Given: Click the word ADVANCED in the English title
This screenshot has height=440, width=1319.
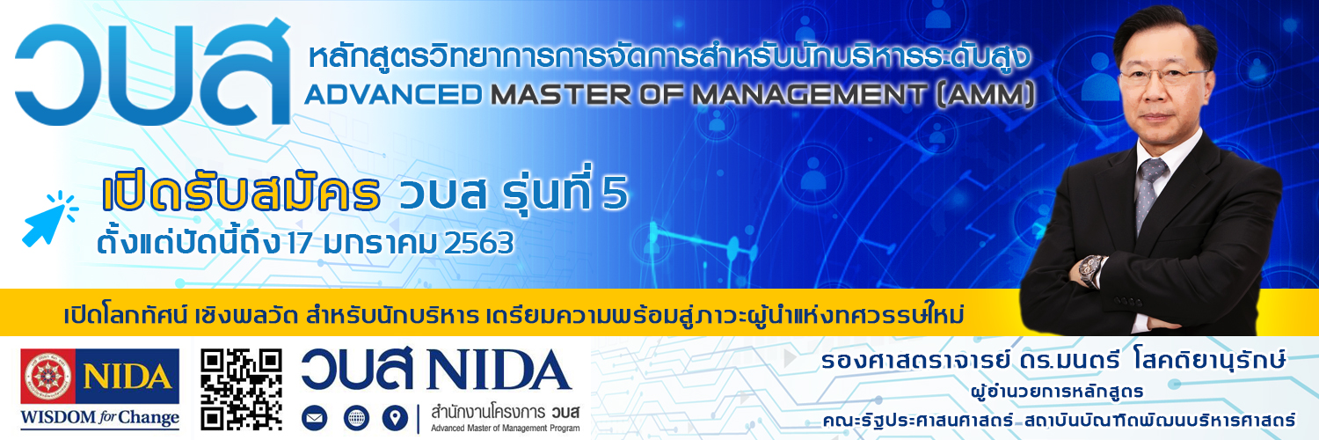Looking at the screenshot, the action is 393,95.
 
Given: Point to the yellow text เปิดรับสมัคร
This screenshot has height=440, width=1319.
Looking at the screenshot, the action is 241,194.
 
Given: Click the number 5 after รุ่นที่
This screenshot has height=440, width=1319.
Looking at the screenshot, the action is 615,193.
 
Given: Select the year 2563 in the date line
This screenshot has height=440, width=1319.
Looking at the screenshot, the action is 478,243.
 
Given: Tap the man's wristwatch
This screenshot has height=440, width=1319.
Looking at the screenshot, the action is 1091,270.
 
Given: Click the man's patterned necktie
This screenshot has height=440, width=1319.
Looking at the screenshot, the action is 1148,193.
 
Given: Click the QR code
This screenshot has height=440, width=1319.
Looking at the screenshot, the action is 242,389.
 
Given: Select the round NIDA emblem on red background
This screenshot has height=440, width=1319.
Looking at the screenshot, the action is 47,376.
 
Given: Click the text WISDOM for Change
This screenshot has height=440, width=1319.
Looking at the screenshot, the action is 100,418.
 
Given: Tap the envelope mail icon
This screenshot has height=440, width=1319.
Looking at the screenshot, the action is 315,418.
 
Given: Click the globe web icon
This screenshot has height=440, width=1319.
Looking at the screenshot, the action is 356,418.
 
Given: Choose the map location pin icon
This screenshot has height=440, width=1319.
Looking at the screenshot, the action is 395,418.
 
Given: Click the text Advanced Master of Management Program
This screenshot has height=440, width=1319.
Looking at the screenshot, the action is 506,429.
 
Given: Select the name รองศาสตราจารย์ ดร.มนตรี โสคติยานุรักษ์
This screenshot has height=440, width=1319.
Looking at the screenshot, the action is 1053,361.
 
